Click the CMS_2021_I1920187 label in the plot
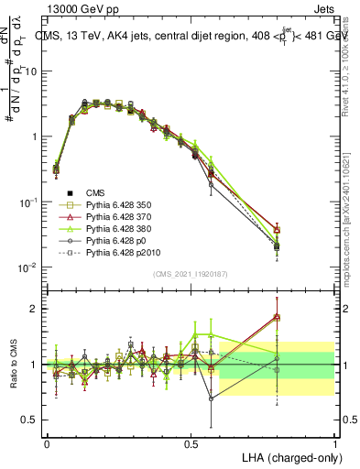pyautogui.click(x=190, y=275)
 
